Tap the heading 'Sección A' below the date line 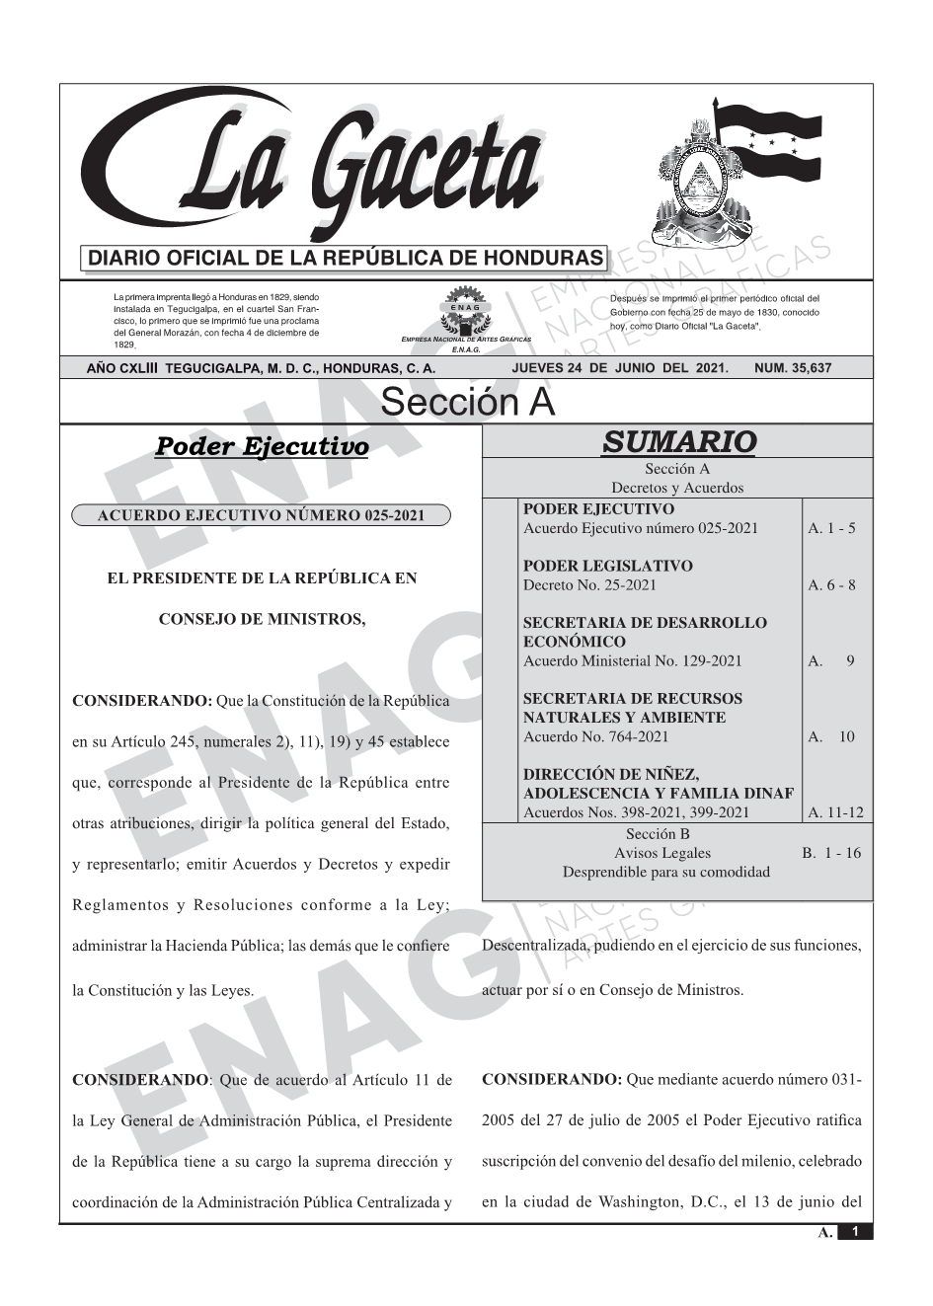pos(467,403)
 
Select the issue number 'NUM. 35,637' pos(792,368)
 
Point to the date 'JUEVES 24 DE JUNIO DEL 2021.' pos(620,368)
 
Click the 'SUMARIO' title pos(678,442)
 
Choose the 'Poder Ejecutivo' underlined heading pos(262,447)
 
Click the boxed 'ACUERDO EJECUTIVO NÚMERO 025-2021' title pos(262,515)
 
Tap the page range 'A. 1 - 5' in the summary pos(831,528)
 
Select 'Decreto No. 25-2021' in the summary pos(589,585)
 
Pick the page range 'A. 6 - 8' pos(831,585)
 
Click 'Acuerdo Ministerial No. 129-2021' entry pos(632,661)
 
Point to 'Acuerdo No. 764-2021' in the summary pos(595,736)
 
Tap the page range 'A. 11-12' pos(834,813)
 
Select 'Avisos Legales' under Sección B pos(662,853)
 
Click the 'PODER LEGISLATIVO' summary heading pos(607,567)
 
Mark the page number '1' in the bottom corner pos(855,1232)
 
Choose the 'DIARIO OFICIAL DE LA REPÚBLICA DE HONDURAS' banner pos(346,259)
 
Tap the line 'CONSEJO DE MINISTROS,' pos(262,620)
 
